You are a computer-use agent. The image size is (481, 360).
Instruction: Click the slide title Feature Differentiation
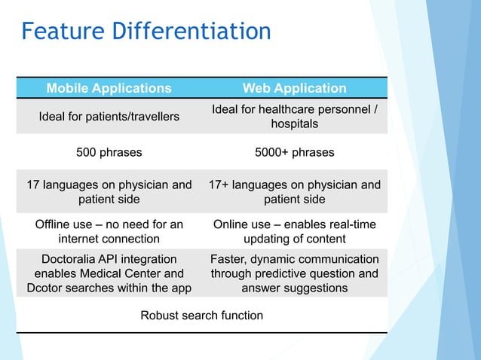pyautogui.click(x=146, y=32)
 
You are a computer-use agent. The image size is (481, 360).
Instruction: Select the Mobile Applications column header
pyautogui.click(x=109, y=88)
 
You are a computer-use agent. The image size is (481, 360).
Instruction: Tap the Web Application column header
pyautogui.click(x=295, y=88)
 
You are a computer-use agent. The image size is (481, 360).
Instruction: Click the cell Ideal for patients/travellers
pyautogui.click(x=109, y=117)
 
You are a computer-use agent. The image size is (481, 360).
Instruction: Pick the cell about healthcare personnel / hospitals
pyautogui.click(x=295, y=117)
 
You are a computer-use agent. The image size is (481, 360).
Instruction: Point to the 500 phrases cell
pyautogui.click(x=109, y=152)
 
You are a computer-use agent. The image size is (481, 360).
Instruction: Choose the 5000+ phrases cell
pyautogui.click(x=295, y=152)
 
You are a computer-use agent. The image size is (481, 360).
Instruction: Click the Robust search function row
pyautogui.click(x=202, y=315)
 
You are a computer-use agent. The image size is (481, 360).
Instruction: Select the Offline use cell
pyautogui.click(x=109, y=232)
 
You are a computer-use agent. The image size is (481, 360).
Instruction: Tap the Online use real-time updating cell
pyautogui.click(x=295, y=232)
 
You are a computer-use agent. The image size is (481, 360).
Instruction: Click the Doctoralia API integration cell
pyautogui.click(x=109, y=273)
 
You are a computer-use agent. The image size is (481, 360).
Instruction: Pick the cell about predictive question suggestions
pyautogui.click(x=295, y=273)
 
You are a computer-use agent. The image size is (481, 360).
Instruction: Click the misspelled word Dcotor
pyautogui.click(x=46, y=288)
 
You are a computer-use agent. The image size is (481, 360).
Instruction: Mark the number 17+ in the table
pyautogui.click(x=222, y=185)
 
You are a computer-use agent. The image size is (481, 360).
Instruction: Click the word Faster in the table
pyautogui.click(x=228, y=259)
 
